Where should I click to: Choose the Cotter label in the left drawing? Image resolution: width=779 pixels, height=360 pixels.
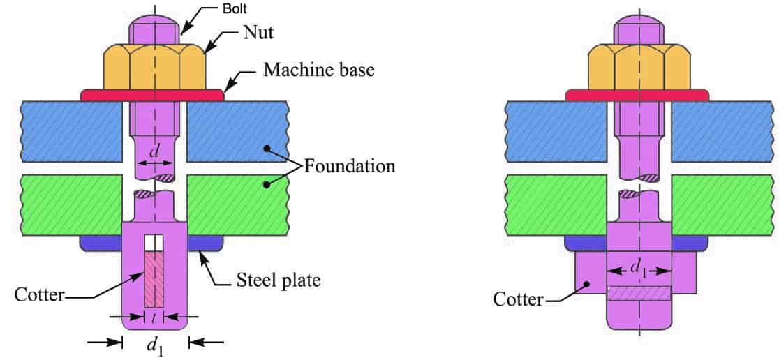(39, 294)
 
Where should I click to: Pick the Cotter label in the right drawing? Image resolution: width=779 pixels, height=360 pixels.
(518, 299)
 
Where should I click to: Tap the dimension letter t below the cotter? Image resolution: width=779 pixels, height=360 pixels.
(154, 318)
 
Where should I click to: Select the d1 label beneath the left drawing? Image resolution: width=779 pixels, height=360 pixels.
(155, 345)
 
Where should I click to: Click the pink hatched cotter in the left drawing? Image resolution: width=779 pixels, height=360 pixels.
(154, 279)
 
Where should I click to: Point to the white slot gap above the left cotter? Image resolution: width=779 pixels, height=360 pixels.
(154, 242)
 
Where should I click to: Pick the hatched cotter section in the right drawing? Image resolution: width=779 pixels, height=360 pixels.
(638, 294)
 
